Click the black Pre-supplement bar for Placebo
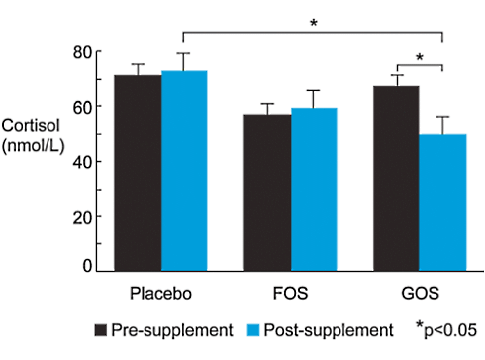[137, 173]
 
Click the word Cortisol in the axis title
[29, 128]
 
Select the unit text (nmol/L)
[33, 147]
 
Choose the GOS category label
[420, 295]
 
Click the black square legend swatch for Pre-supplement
[101, 329]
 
